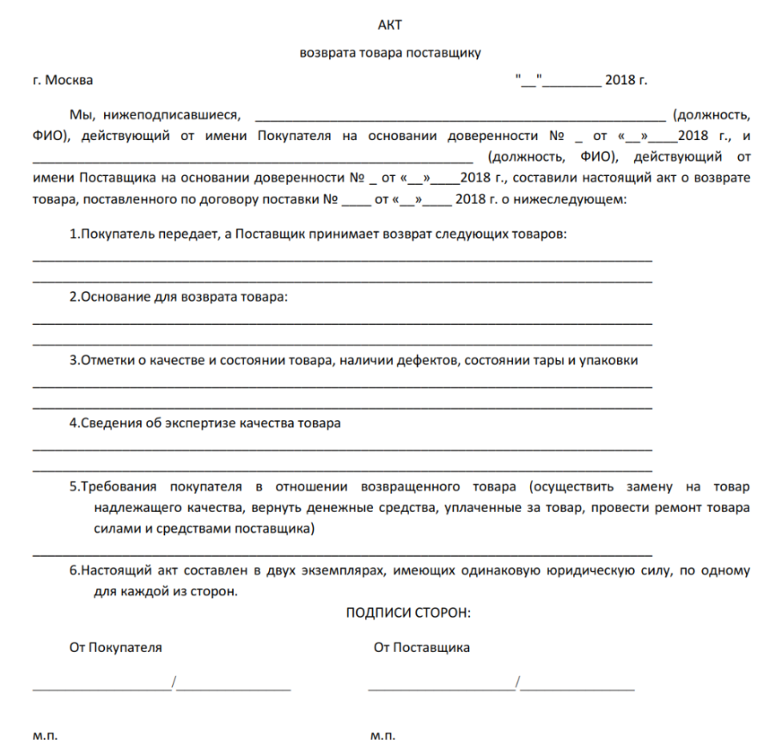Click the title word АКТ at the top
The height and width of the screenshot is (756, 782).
[390, 23]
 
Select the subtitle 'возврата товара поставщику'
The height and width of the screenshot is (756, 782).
[390, 52]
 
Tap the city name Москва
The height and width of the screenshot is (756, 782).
[70, 81]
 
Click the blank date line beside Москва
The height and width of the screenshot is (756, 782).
[571, 83]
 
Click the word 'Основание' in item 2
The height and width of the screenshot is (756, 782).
[113, 297]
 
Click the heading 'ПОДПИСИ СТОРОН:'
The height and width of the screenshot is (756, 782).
[408, 613]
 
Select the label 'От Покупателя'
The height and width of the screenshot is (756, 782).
[115, 648]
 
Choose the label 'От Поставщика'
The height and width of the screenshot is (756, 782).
[421, 648]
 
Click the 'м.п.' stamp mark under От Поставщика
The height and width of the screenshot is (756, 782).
[382, 737]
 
